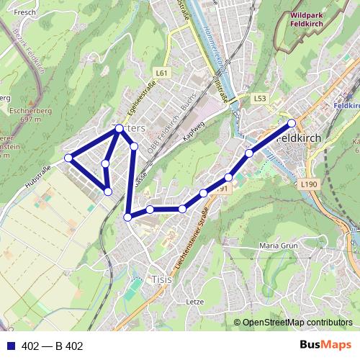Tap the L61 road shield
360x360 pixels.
click(161, 73)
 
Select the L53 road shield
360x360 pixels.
click(260, 97)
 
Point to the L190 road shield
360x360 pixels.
click(310, 185)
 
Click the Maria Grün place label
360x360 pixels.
click(278, 246)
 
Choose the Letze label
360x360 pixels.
click(195, 302)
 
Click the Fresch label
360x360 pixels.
click(24, 12)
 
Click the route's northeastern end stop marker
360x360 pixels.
click(292, 122)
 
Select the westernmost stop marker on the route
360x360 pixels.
click(68, 158)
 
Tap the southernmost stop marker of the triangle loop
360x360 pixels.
click(107, 192)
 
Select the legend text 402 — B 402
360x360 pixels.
click(53, 346)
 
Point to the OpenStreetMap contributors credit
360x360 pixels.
click(297, 323)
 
